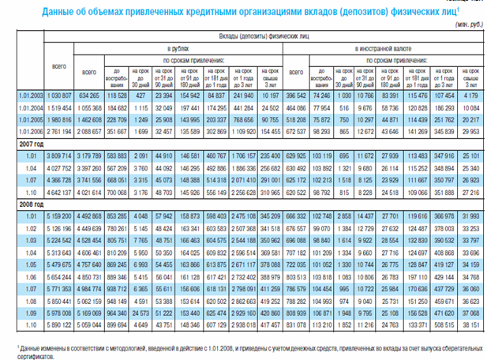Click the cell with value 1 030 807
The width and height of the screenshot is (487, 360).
coord(59,96)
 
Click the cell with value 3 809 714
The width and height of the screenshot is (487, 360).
coord(59,156)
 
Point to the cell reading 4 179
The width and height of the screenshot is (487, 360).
coord(469,96)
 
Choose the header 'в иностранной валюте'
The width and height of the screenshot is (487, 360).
coord(387,48)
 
